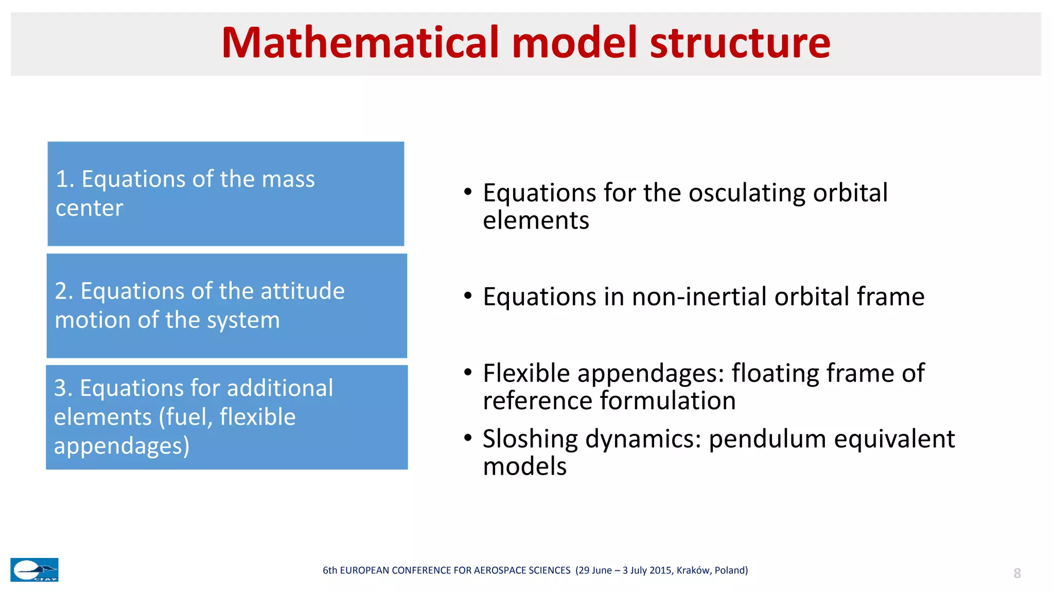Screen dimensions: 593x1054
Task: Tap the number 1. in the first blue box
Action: tap(65, 179)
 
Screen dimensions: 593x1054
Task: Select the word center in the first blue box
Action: tap(89, 208)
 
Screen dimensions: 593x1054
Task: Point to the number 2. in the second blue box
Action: tap(64, 291)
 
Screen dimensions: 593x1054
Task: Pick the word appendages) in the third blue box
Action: tap(121, 446)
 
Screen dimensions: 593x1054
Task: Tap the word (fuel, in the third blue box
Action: tap(186, 417)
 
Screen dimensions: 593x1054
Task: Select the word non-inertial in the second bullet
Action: tap(699, 297)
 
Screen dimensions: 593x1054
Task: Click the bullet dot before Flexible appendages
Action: tap(467, 372)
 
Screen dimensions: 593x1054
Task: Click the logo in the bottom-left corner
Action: tap(34, 570)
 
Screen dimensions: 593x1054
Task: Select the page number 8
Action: tap(1017, 573)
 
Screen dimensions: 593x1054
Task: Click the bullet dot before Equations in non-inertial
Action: tap(467, 296)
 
